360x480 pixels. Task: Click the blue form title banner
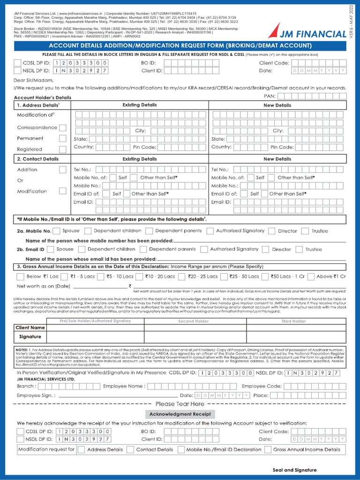pyautogui.click(x=180, y=45)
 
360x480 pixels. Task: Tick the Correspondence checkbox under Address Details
pyautogui.click(x=62, y=127)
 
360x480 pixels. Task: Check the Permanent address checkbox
pyautogui.click(x=62, y=138)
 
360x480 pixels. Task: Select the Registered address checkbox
pyautogui.click(x=62, y=149)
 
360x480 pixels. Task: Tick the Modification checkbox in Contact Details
pyautogui.click(x=62, y=191)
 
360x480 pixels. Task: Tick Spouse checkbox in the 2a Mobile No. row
pyautogui.click(x=56, y=231)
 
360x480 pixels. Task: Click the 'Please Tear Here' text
pyautogui.click(x=180, y=404)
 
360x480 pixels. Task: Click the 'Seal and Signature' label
pyautogui.click(x=294, y=470)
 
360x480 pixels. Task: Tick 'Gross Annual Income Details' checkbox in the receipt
pyautogui.click(x=268, y=450)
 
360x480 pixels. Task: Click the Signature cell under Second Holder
pyautogui.click(x=195, y=337)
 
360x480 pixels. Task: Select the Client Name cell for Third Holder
pyautogui.click(x=296, y=328)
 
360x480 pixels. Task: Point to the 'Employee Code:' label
pyautogui.click(x=261, y=386)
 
